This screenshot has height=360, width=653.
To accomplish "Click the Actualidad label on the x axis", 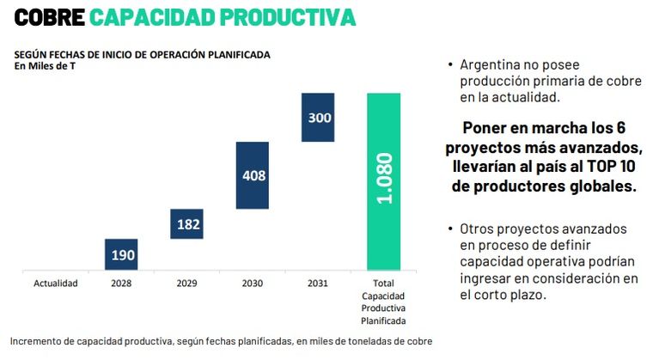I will [56, 283].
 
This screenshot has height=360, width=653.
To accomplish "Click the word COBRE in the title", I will [49, 16].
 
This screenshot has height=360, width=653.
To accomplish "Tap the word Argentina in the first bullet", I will [491, 64].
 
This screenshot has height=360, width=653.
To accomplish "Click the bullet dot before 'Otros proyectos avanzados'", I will [450, 229].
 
